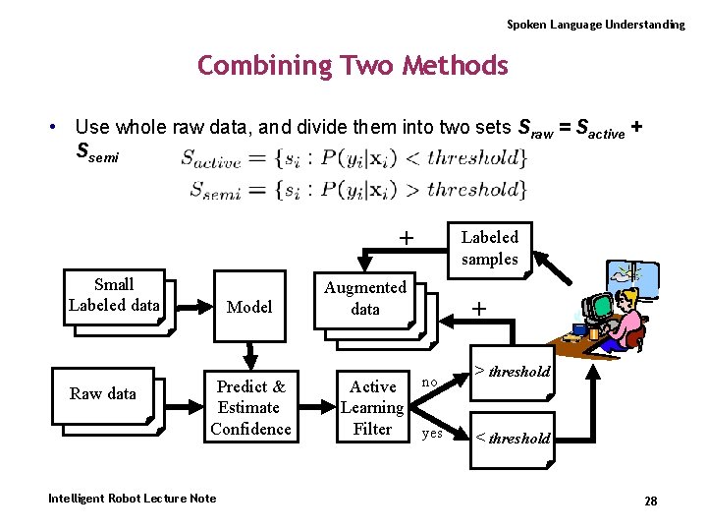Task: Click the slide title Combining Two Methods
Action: [x=353, y=66]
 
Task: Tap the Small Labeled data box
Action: [x=114, y=295]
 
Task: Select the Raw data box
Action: [x=103, y=394]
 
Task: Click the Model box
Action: [x=249, y=307]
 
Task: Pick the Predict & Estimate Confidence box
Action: [x=250, y=407]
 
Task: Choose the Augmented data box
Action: [x=365, y=298]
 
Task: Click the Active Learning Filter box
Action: [x=372, y=407]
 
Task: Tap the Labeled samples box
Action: [x=489, y=248]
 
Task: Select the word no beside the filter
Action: [x=429, y=382]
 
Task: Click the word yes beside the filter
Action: [x=432, y=432]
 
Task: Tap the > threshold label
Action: [x=513, y=372]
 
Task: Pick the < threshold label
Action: [x=513, y=439]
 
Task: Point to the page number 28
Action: [x=650, y=501]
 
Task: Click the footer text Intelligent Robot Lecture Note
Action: [x=132, y=499]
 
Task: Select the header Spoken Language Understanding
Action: [x=595, y=24]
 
